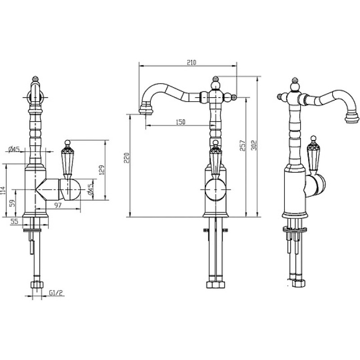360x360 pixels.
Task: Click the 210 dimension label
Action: click(x=192, y=63)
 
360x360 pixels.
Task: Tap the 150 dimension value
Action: click(x=180, y=122)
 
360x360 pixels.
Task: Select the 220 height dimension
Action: click(x=127, y=157)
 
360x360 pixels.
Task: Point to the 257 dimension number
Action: click(x=243, y=145)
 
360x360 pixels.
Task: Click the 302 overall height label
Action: click(x=254, y=145)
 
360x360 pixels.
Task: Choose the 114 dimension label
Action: click(x=3, y=190)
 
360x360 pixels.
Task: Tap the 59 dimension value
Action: click(x=13, y=203)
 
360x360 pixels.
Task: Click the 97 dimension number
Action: click(x=58, y=205)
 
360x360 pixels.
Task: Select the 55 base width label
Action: click(x=14, y=221)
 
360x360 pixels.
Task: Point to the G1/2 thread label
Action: click(x=56, y=293)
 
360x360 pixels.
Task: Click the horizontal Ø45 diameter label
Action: click(x=14, y=149)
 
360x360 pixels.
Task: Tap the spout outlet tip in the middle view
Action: click(x=146, y=112)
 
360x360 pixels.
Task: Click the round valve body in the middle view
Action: click(x=216, y=190)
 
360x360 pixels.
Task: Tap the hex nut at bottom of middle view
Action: click(x=216, y=284)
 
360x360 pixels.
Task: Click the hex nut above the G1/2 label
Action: click(x=37, y=284)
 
